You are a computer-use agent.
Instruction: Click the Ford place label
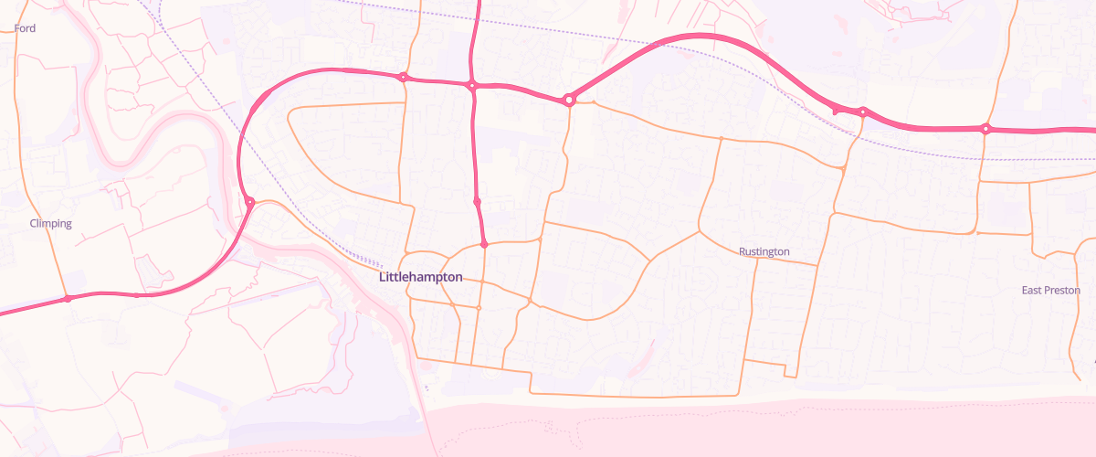point(26,28)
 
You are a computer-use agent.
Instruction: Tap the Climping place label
point(50,223)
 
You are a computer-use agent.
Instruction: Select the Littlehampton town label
point(420,277)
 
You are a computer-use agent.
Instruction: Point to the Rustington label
point(764,251)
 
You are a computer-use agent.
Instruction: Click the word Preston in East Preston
point(1062,290)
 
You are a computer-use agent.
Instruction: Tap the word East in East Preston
point(1032,290)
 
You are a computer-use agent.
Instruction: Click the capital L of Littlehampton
point(382,277)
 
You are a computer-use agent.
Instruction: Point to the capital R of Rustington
point(743,251)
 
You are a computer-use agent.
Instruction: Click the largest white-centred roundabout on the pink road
point(569,100)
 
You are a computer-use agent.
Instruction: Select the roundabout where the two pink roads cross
point(472,86)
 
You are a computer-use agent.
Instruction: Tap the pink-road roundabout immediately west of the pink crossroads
point(402,78)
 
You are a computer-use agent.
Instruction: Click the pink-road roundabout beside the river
point(248,202)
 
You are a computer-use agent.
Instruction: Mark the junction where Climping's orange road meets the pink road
point(68,299)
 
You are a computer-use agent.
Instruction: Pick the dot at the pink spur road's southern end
point(484,245)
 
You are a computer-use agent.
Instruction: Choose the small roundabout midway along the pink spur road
point(477,201)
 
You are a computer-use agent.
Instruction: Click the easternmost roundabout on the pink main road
point(985,129)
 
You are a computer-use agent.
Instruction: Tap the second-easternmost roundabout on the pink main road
point(862,112)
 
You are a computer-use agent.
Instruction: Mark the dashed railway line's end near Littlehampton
point(403,265)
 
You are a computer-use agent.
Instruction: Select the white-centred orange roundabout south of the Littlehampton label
point(479,308)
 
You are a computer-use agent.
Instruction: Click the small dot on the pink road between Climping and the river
point(136,295)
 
